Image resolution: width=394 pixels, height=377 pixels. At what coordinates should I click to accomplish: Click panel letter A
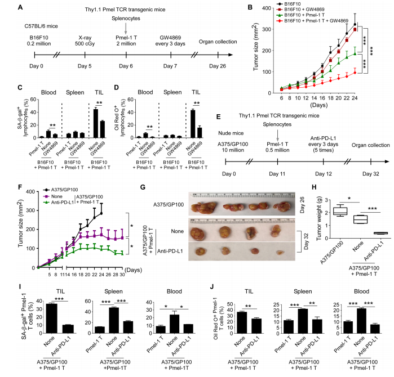[21, 8]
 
